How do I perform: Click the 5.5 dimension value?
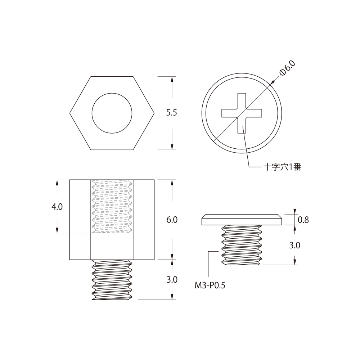coord(171,113)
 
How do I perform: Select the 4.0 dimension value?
coord(57,207)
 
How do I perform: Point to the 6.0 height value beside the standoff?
coord(172,220)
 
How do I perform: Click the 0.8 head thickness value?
coord(303,220)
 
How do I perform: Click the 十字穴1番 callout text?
coord(282,167)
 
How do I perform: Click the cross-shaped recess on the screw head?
coord(242,113)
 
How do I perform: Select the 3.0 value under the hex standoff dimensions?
coord(172,279)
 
